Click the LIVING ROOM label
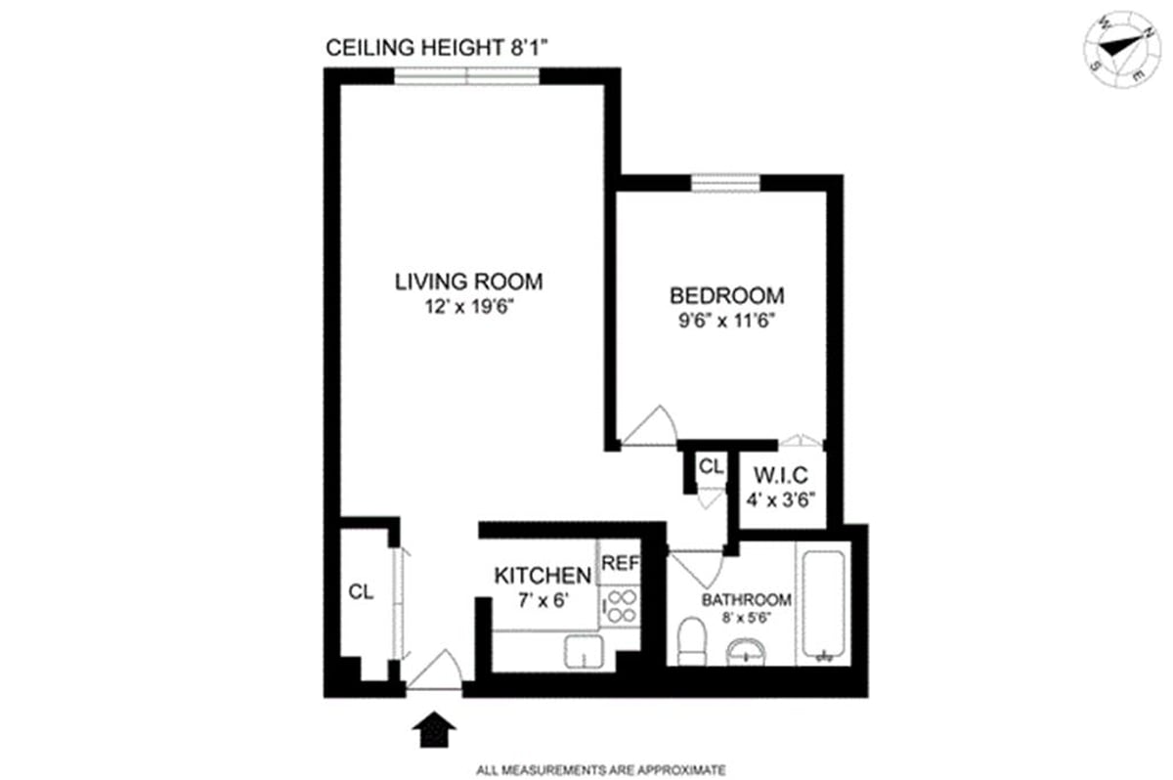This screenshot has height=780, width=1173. (468, 282)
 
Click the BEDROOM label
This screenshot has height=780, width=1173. (726, 295)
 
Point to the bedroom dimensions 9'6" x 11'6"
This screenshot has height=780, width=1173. (727, 319)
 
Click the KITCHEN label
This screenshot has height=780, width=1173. (543, 575)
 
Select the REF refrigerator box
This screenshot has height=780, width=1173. (619, 563)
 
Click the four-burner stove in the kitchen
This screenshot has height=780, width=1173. (619, 606)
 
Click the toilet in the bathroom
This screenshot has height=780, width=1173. (692, 640)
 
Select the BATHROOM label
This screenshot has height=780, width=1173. (745, 600)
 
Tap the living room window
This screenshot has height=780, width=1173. (467, 75)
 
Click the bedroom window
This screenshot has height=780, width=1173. (726, 182)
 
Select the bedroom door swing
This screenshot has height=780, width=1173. (649, 427)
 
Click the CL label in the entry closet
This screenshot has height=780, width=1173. (361, 592)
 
